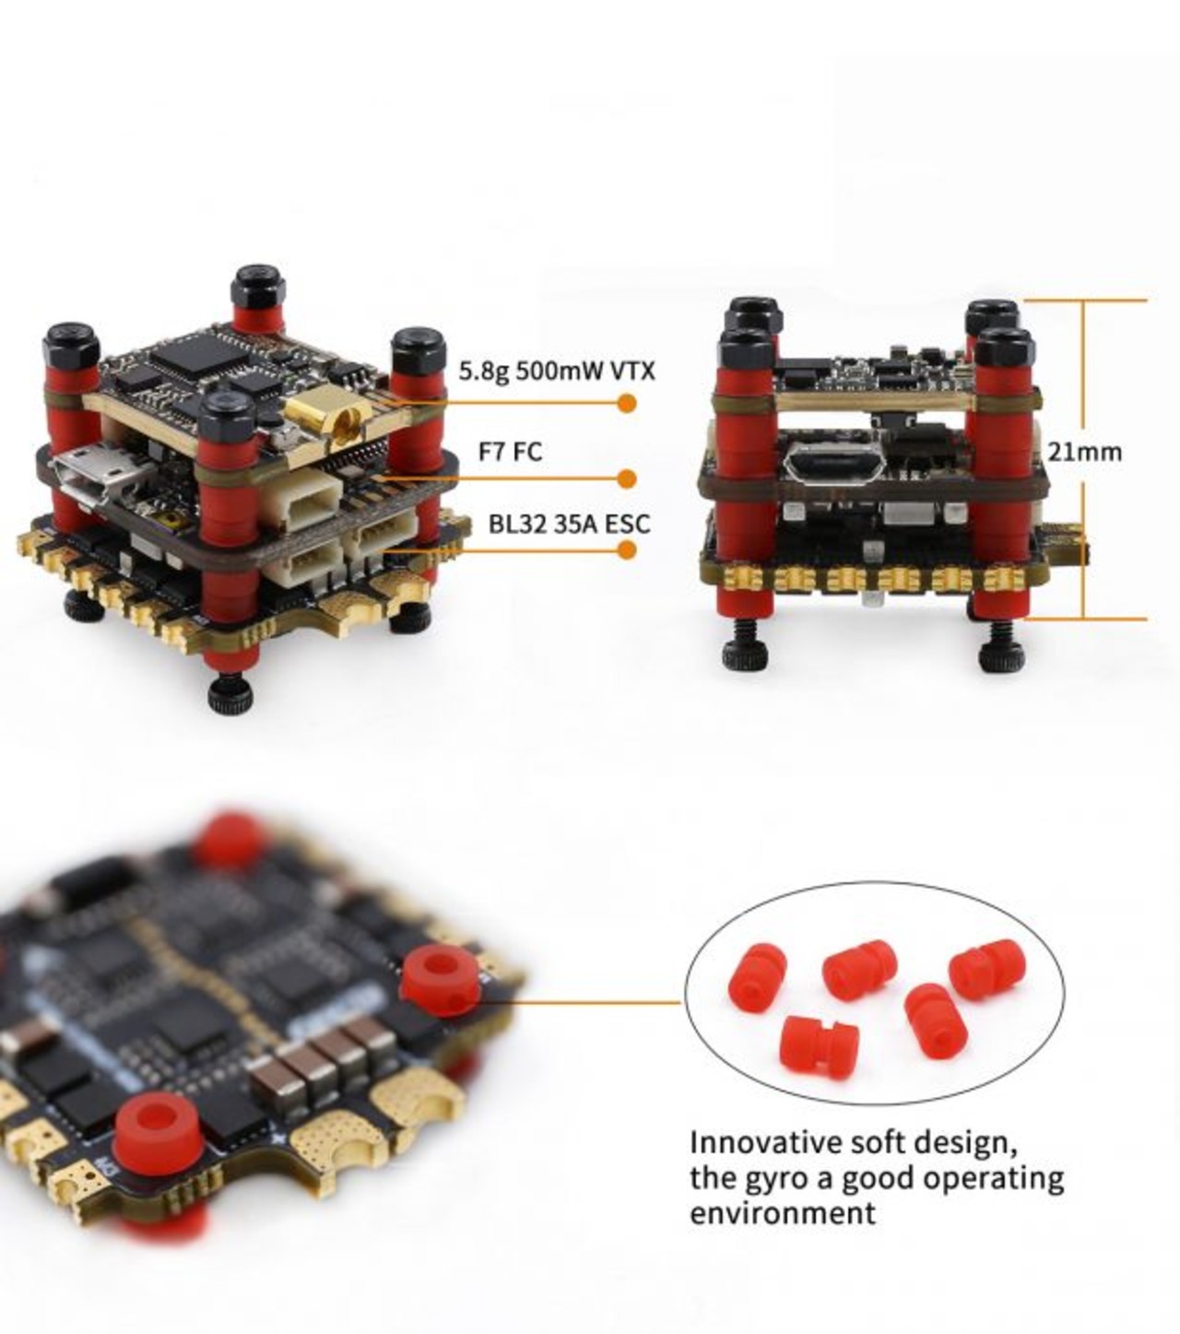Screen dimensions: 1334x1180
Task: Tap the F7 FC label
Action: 510,451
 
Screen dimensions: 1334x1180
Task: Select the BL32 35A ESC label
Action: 569,524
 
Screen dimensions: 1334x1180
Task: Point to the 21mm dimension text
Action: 1084,451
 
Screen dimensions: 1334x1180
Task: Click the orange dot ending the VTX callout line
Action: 627,403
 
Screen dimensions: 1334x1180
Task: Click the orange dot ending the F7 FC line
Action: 627,478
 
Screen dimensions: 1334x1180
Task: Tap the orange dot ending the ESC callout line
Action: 627,550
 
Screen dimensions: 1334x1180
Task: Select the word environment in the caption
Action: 782,1212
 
